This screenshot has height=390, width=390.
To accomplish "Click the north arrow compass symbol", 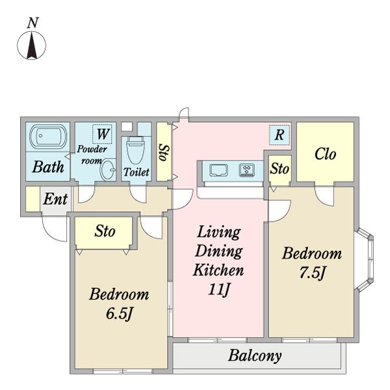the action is [x=32, y=45].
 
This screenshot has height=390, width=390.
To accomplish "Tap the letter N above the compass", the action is [x=33, y=23].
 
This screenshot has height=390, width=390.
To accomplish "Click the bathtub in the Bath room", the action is [x=48, y=135].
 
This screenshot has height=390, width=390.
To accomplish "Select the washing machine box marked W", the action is [x=102, y=134].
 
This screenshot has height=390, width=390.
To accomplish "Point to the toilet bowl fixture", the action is [x=135, y=149].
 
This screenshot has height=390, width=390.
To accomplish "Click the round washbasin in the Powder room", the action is [x=108, y=170].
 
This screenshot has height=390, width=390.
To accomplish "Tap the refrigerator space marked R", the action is [x=279, y=135].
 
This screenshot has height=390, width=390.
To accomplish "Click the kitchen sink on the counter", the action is [x=218, y=170].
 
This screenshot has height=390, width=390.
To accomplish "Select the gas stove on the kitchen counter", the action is [x=247, y=170].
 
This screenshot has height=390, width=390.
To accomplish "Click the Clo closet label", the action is [x=325, y=154].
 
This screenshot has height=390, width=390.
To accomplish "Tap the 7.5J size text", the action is [x=312, y=273].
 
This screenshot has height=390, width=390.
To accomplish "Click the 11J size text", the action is [x=218, y=289].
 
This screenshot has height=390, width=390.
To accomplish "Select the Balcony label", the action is [x=255, y=356].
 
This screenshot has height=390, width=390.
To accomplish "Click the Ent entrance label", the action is [x=55, y=199].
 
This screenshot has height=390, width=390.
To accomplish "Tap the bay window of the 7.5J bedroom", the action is [x=365, y=259].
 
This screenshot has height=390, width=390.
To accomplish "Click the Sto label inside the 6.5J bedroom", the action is [x=105, y=231].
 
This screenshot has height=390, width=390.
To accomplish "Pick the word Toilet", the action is [x=136, y=172].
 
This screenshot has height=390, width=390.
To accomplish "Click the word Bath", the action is [x=48, y=166].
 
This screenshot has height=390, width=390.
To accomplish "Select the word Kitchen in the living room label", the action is [x=218, y=270].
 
